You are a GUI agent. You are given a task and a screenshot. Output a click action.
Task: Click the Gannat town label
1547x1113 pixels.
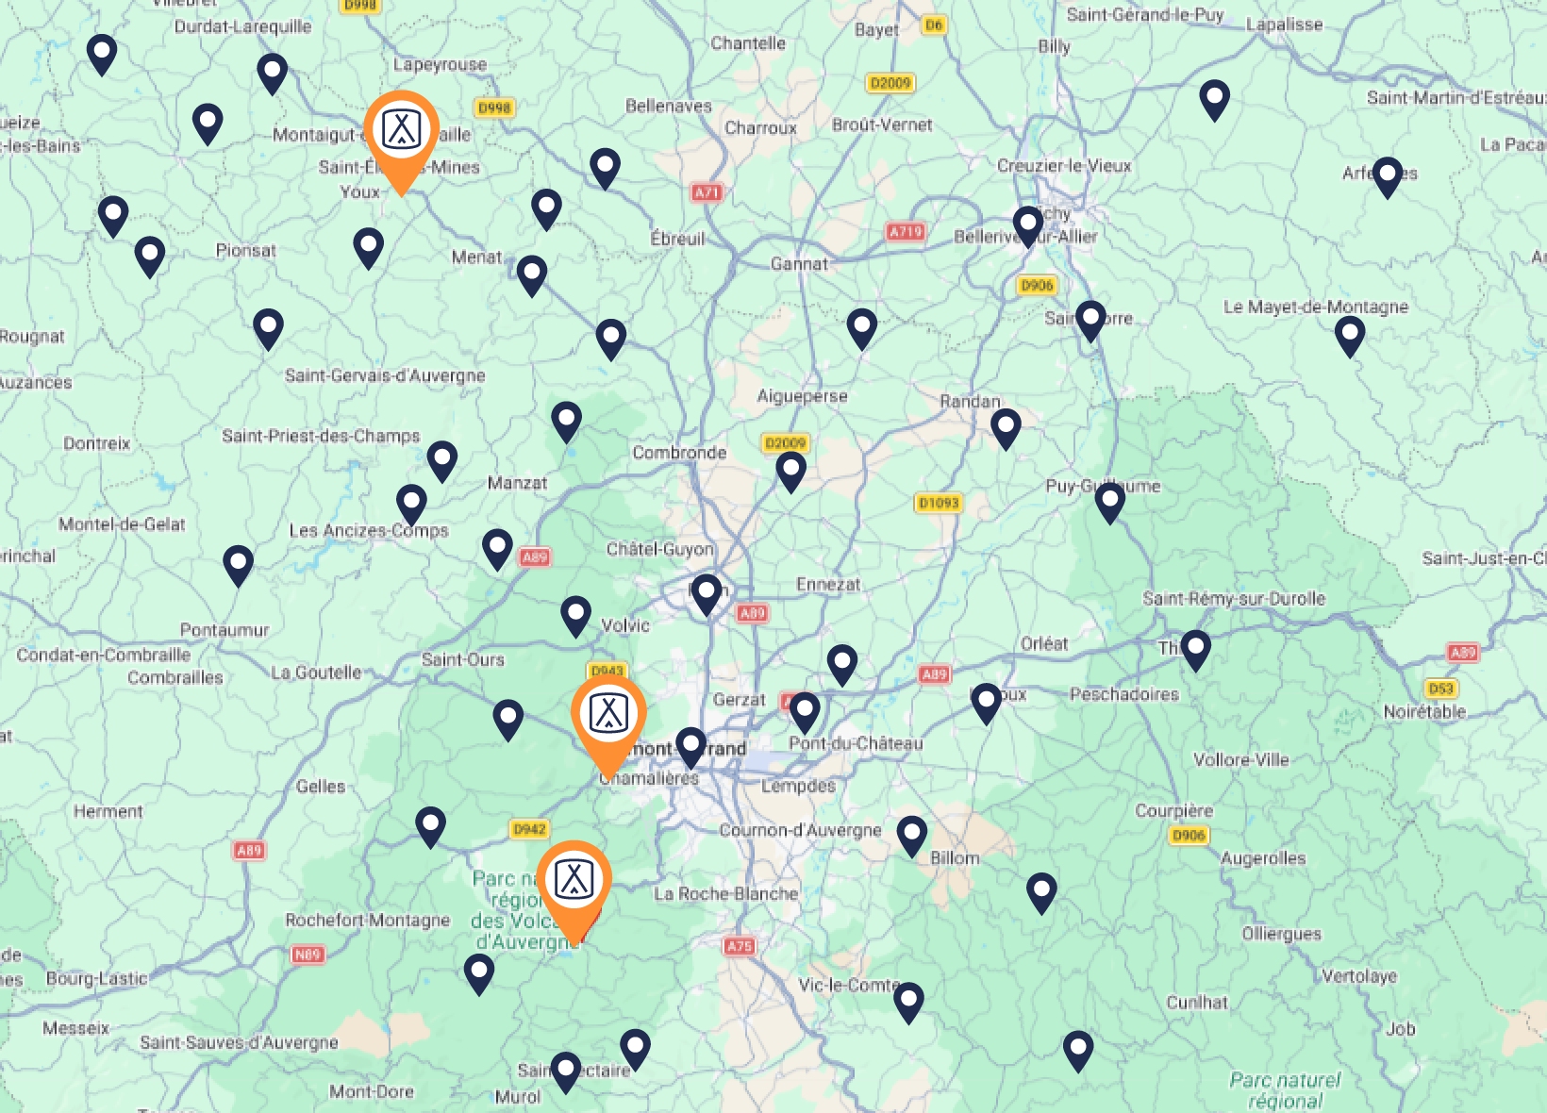799,264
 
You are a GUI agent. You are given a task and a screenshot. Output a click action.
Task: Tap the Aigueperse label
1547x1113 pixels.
802,396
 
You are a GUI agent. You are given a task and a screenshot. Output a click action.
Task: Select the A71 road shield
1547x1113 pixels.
707,192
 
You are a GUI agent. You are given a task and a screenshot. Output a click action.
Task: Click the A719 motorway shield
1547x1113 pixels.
905,231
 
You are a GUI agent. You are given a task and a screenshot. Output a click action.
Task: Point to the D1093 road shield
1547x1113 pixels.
939,503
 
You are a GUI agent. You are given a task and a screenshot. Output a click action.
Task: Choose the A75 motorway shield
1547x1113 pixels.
740,946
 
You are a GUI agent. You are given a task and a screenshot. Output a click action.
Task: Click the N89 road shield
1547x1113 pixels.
308,955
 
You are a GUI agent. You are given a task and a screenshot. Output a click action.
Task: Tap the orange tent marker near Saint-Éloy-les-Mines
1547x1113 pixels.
401,132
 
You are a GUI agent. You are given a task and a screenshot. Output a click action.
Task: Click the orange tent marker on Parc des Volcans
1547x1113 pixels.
574,881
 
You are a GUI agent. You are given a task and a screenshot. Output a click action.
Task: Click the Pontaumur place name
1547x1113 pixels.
225,630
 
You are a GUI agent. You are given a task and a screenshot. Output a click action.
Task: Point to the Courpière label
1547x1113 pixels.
1173,811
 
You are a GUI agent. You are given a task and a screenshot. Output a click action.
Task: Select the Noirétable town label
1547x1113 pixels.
1424,711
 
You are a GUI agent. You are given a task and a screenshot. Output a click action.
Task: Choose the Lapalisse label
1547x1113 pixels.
1284,25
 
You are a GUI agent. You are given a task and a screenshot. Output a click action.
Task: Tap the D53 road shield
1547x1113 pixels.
1440,689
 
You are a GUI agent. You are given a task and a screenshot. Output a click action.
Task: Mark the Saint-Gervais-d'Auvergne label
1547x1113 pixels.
385,375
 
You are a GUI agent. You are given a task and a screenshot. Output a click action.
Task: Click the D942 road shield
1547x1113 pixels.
529,829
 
